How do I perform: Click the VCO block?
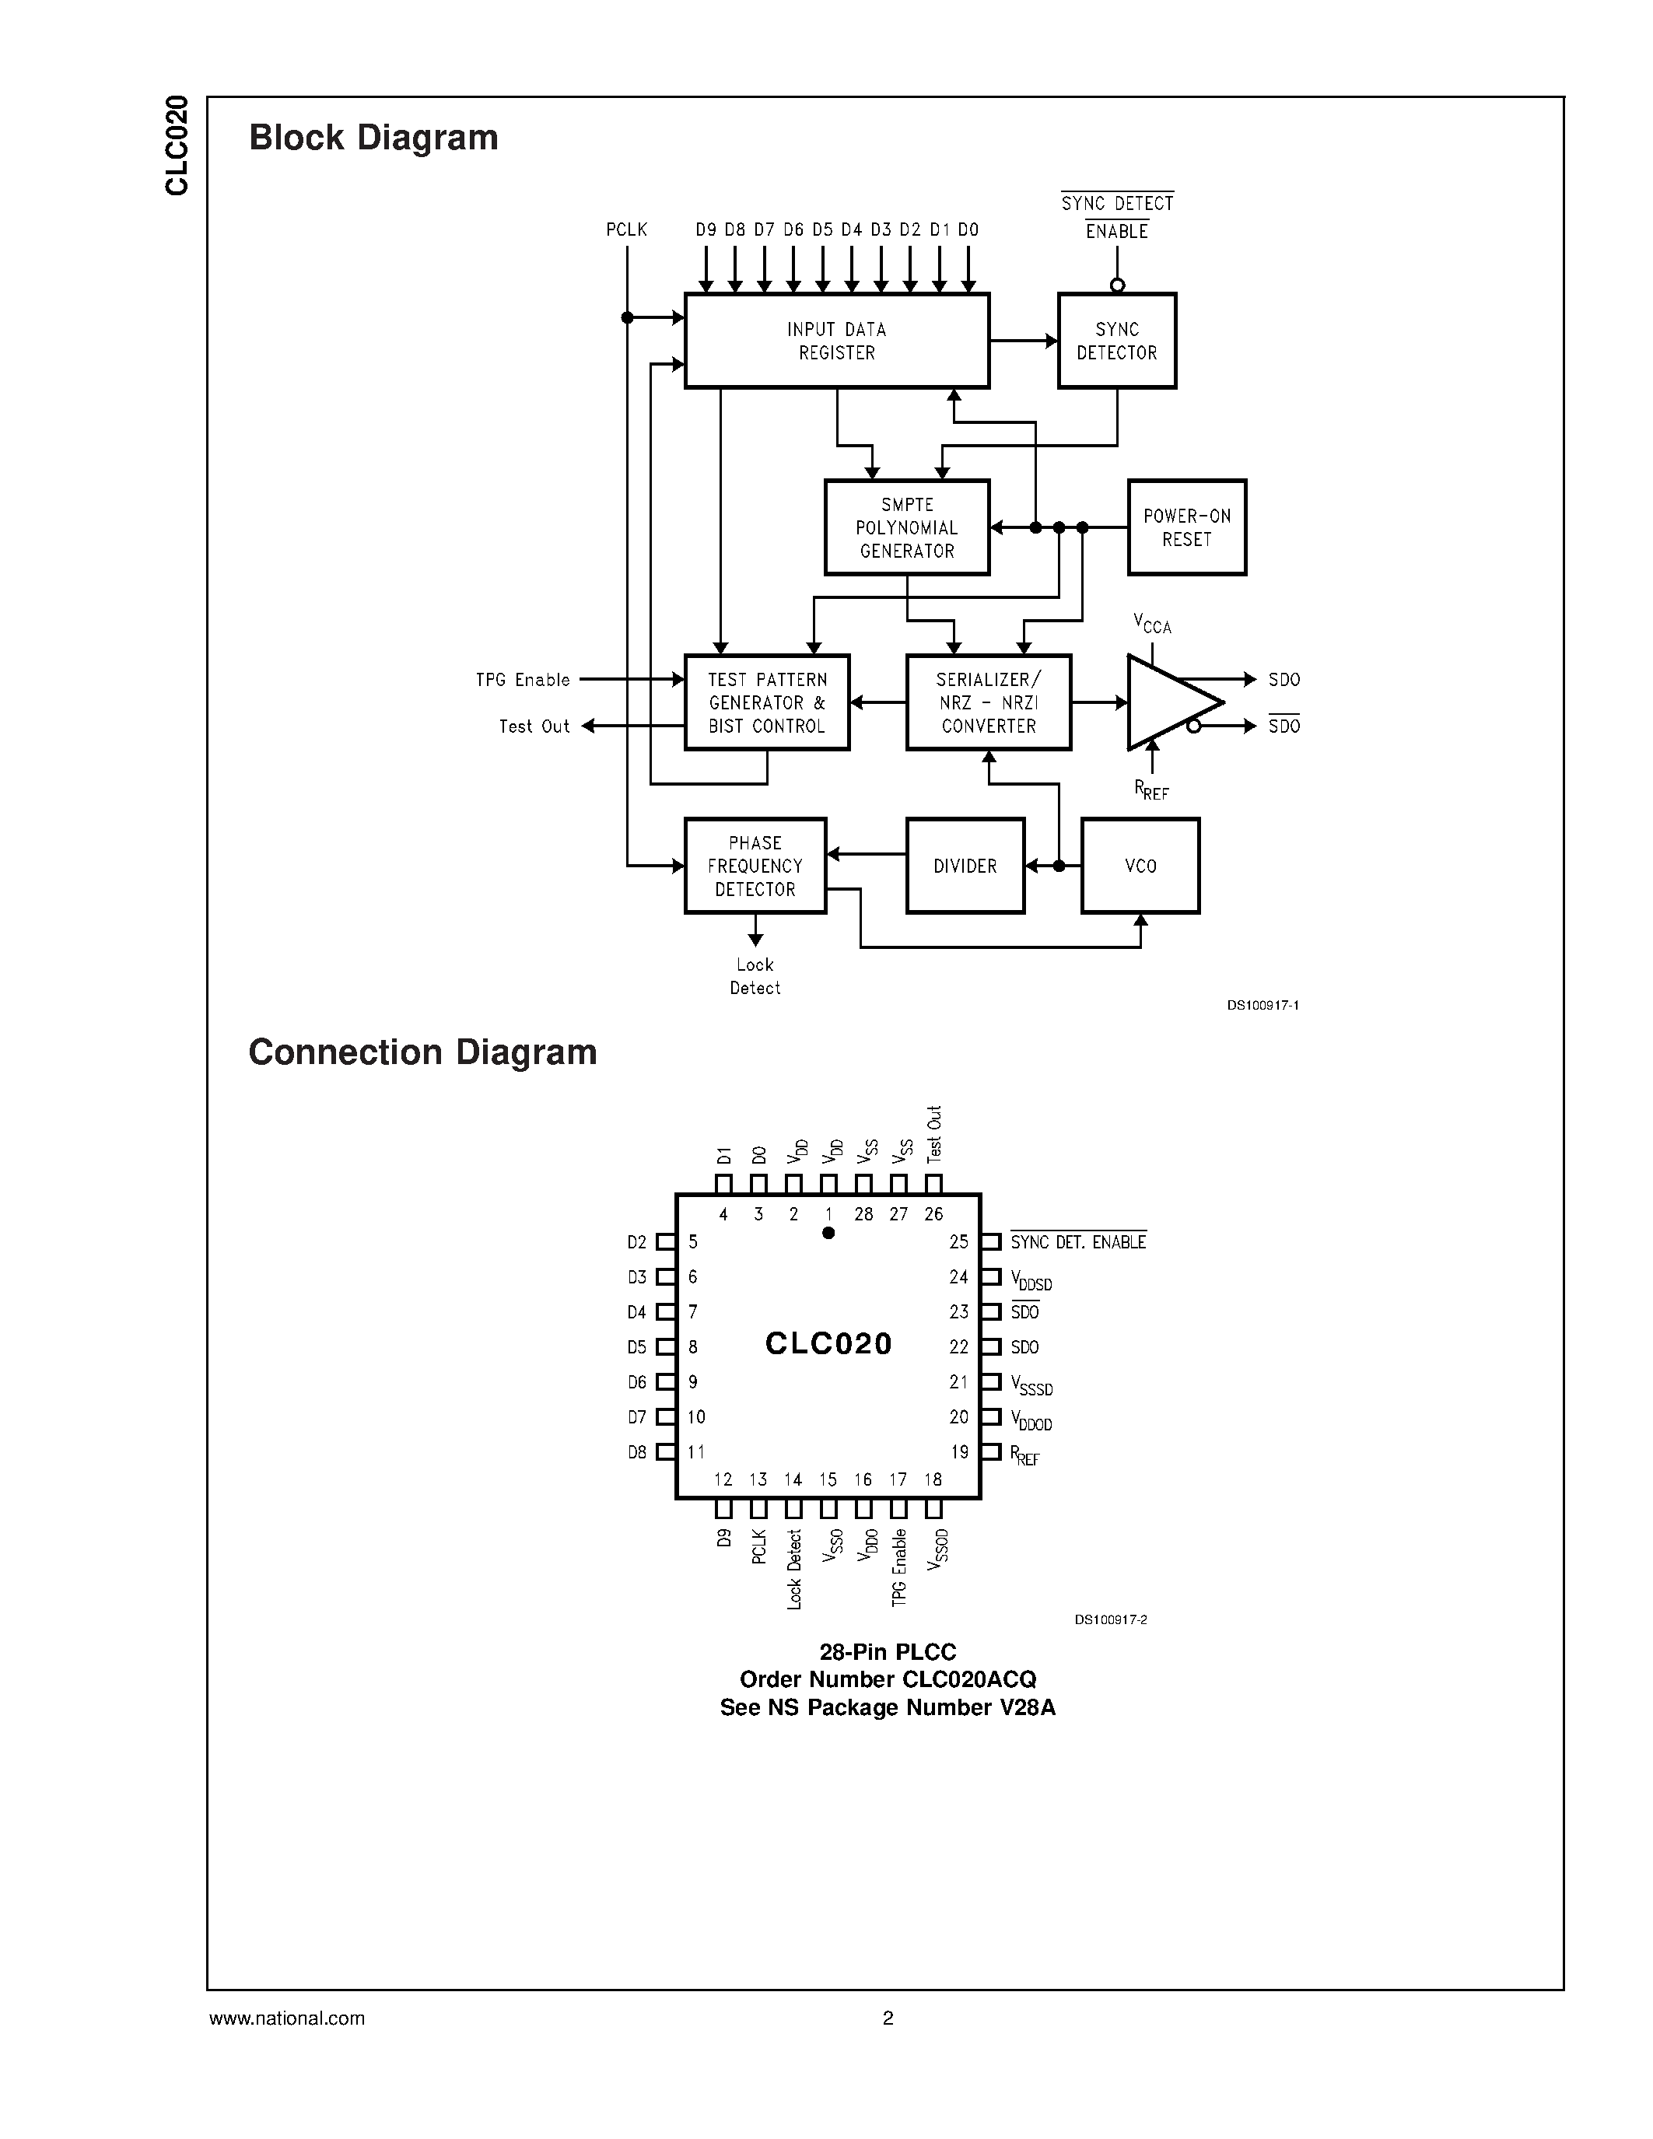[x=1140, y=866]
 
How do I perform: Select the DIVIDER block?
[x=965, y=866]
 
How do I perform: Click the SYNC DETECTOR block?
[x=1116, y=341]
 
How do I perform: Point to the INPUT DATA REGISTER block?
[x=836, y=341]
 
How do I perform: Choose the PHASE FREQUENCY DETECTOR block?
[x=755, y=866]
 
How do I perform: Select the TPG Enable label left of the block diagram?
[x=523, y=680]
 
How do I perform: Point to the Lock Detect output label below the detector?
[x=755, y=976]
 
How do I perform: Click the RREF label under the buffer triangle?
[x=1151, y=789]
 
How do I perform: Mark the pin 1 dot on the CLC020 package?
[x=828, y=1233]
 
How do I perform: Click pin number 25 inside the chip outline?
[x=958, y=1242]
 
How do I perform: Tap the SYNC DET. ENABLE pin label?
[x=1078, y=1242]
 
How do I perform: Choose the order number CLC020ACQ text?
[x=888, y=1679]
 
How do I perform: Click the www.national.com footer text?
[x=287, y=2018]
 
